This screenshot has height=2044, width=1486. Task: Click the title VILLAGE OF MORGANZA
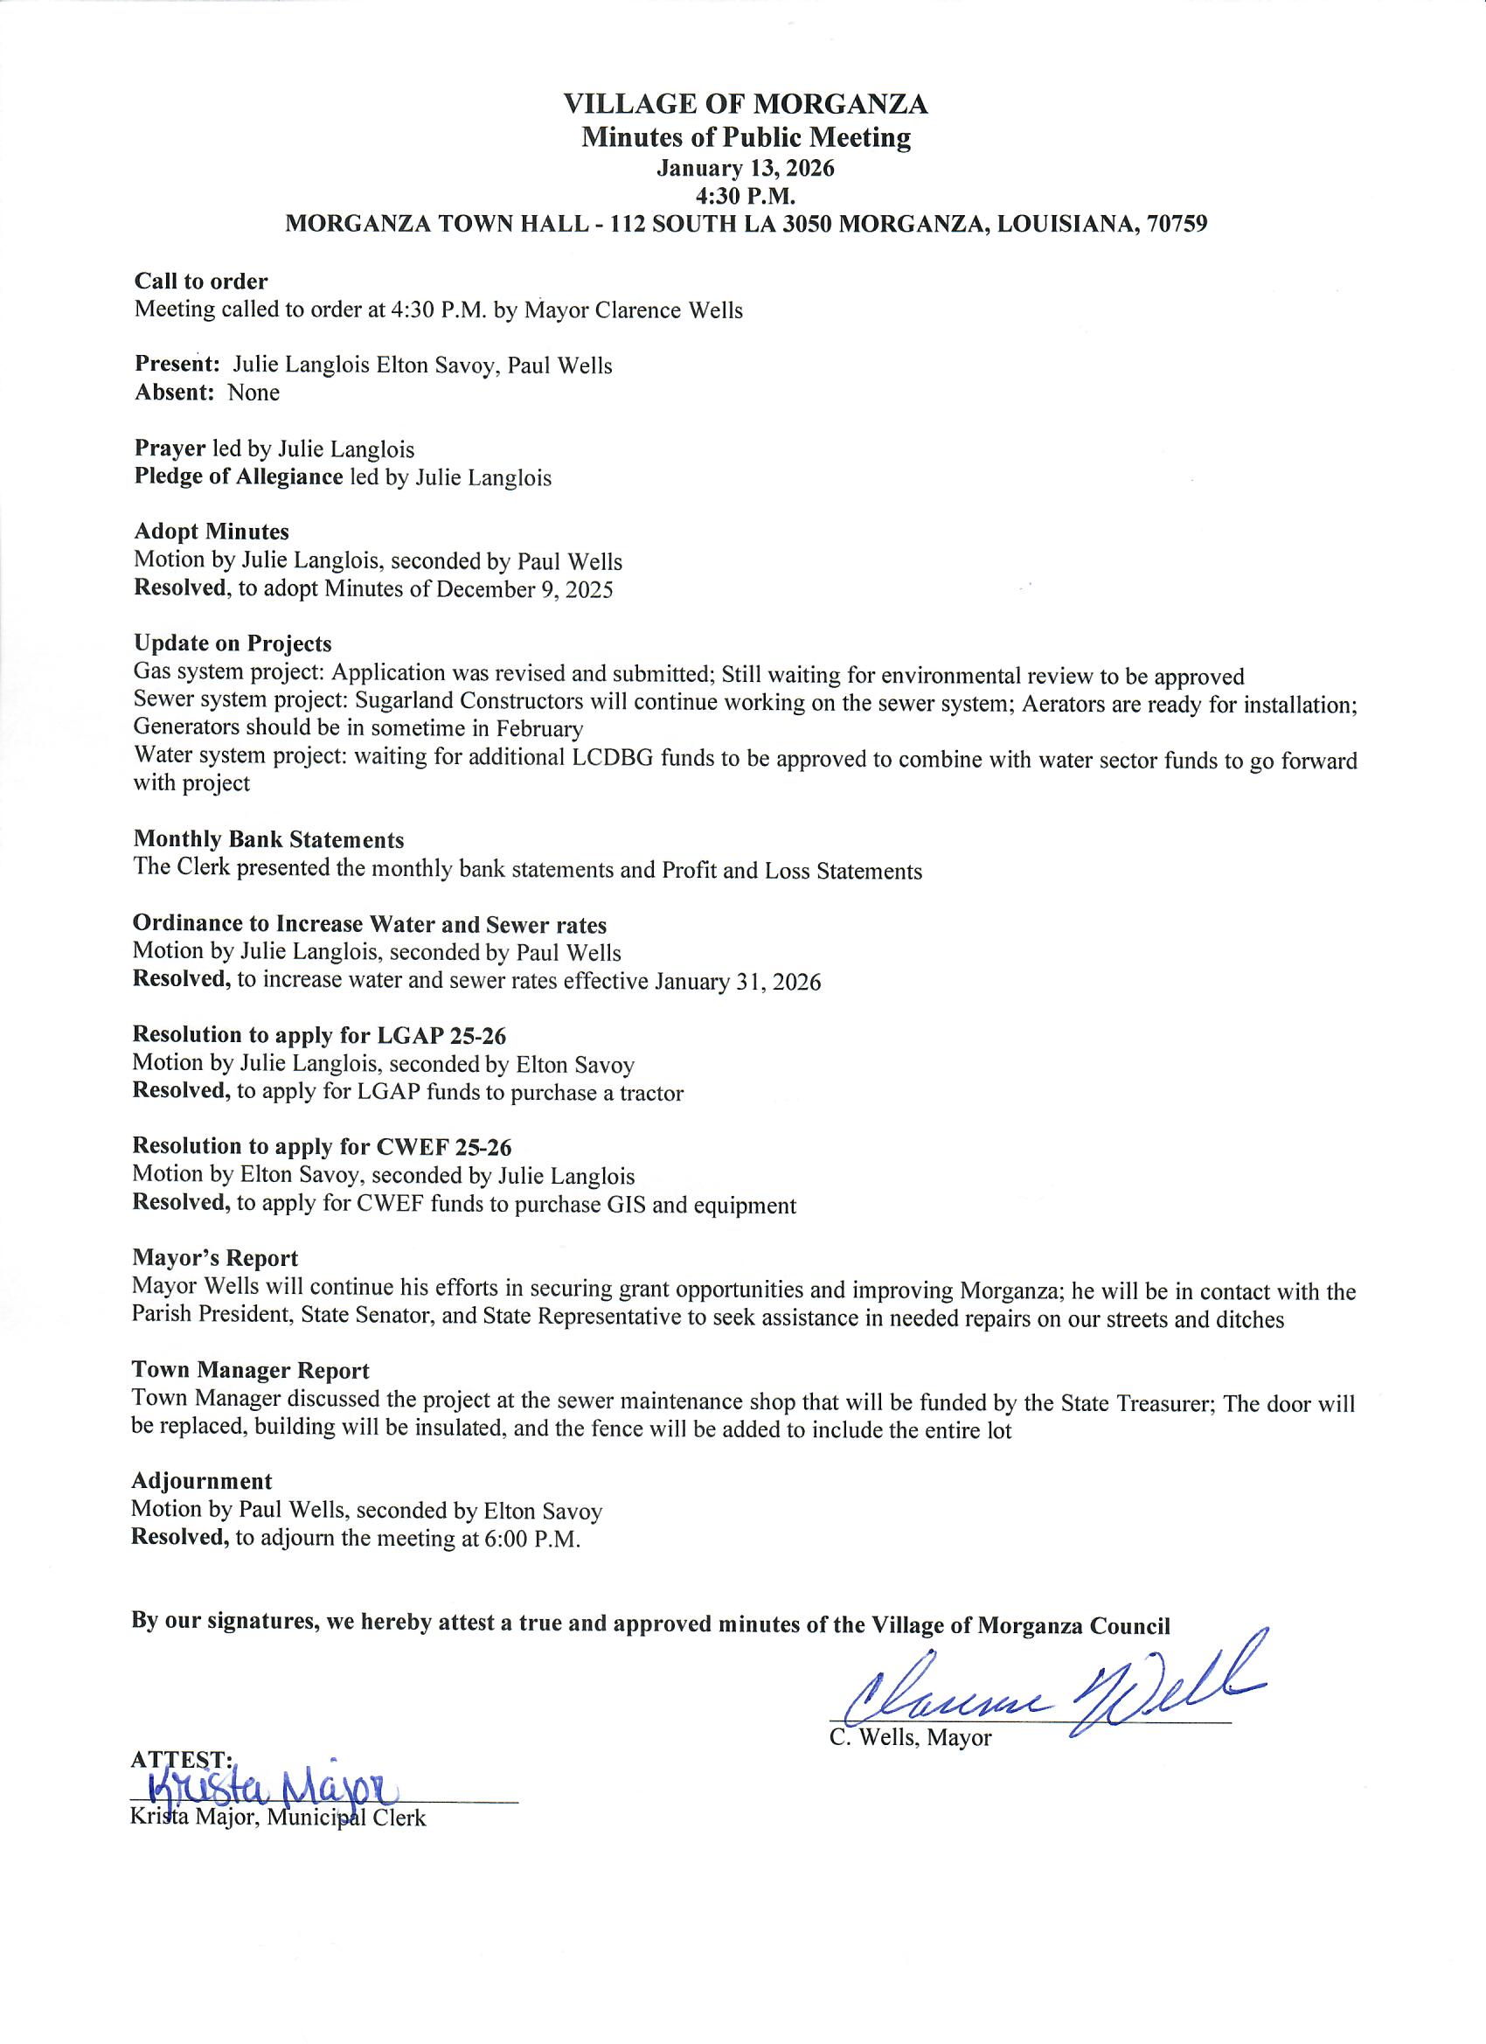(x=746, y=105)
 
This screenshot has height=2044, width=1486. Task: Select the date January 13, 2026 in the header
(x=746, y=169)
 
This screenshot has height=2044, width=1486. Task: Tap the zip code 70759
(x=1177, y=225)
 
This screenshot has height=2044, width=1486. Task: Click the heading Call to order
(x=201, y=282)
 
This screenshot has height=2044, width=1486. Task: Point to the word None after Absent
(x=253, y=393)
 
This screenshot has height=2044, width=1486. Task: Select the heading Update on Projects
(x=233, y=643)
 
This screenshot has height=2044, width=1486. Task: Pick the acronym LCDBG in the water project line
(x=614, y=758)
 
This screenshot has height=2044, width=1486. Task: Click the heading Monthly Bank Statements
(x=268, y=840)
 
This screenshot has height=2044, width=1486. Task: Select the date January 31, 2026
(x=737, y=982)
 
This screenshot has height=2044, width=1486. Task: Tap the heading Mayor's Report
(x=214, y=1258)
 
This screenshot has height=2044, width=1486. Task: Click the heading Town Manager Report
(x=251, y=1370)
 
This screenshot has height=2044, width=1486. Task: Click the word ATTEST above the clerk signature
(x=179, y=1758)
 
